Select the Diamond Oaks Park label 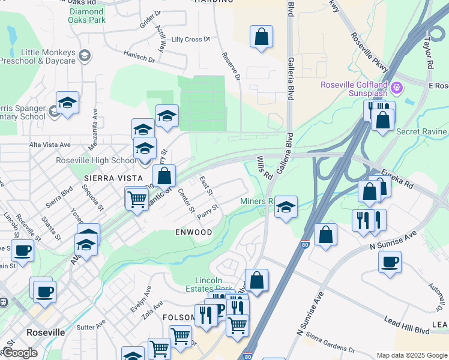pyautogui.click(x=86, y=16)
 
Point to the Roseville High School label pyautogui.click(x=96, y=160)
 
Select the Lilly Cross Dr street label pyautogui.click(x=190, y=40)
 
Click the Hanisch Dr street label pyautogui.click(x=139, y=59)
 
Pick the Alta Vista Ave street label pyautogui.click(x=50, y=145)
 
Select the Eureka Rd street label pyautogui.click(x=400, y=178)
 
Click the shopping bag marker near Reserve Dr pyautogui.click(x=262, y=37)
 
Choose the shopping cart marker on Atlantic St pyautogui.click(x=137, y=198)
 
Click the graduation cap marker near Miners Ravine pyautogui.click(x=286, y=208)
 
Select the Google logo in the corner pyautogui.click(x=19, y=352)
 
